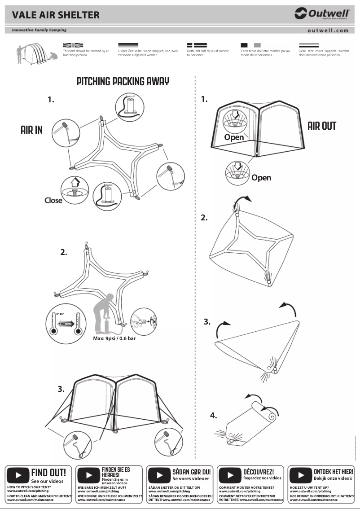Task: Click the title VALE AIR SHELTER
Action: click(56, 15)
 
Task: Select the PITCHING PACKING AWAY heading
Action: click(123, 81)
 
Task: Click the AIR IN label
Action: click(31, 130)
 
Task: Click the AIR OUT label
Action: click(321, 126)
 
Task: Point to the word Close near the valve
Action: click(53, 200)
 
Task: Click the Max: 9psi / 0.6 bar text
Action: click(114, 338)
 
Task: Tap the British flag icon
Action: click(73, 45)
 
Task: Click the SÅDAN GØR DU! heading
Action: click(191, 472)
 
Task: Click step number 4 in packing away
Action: click(213, 416)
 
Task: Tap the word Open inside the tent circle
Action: click(234, 137)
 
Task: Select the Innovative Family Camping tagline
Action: click(39, 30)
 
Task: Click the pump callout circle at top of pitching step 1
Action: click(130, 107)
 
